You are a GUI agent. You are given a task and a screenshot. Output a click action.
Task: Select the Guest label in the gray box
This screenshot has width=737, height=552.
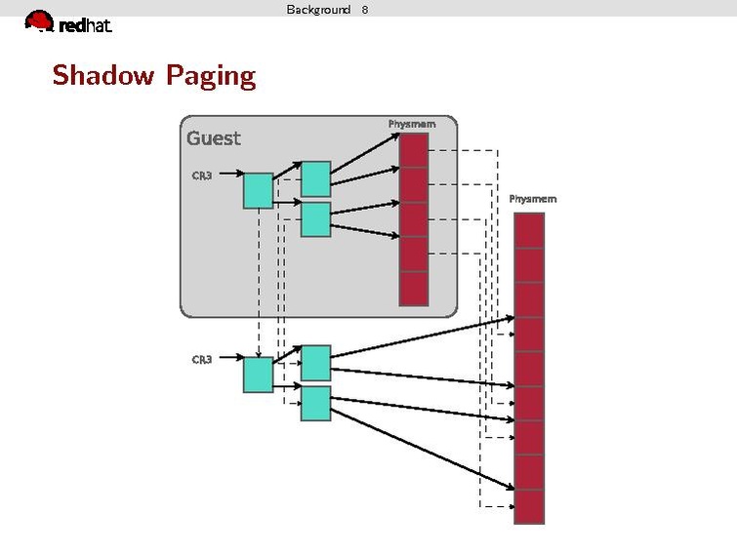pos(213,138)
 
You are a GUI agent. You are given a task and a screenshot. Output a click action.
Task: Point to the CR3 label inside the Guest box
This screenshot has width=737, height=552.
pos(202,176)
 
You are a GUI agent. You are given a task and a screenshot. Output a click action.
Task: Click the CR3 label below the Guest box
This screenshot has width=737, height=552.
pos(202,360)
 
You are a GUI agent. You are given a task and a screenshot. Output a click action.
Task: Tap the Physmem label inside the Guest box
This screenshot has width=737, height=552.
pos(412,124)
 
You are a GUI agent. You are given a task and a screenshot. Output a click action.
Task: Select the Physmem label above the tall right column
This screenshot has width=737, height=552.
pos(533,199)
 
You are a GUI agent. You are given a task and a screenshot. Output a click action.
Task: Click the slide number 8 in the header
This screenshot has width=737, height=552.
pos(364,9)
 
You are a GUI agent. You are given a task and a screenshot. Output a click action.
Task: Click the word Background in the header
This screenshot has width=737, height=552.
pos(318,9)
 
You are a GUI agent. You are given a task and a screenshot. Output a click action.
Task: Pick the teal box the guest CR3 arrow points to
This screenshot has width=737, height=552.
pos(258,190)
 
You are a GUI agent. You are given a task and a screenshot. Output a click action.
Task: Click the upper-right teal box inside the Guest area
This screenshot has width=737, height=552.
pos(315,179)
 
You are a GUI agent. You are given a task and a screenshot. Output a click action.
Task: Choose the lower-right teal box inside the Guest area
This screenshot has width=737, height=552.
pos(315,219)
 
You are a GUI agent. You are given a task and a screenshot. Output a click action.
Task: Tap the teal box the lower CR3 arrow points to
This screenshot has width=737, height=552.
pos(258,375)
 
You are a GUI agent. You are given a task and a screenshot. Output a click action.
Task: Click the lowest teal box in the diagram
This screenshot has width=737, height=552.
pos(315,404)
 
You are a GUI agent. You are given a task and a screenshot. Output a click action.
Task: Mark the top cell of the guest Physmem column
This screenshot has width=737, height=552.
pos(414,150)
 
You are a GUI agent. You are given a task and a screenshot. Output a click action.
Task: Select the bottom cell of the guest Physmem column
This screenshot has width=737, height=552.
pos(414,289)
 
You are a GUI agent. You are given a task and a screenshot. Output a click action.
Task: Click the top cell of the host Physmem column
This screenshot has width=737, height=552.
pos(528,230)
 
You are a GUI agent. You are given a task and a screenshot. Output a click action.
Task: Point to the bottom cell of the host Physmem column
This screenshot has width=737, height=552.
pos(528,506)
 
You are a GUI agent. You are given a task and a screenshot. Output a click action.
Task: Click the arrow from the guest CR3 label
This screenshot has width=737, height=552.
pos(228,176)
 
